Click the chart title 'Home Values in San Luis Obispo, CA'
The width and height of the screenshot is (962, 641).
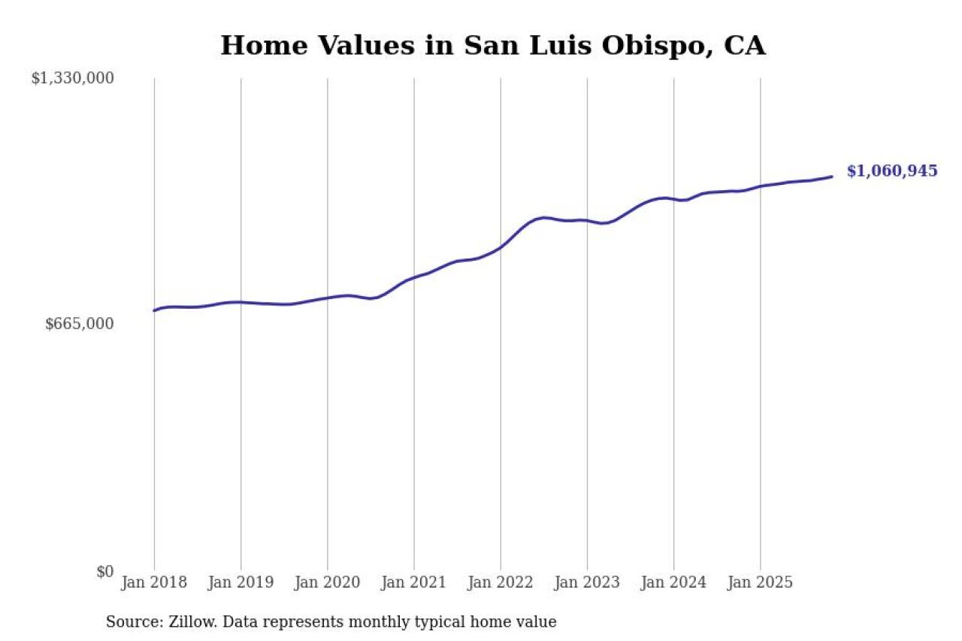coord(493,46)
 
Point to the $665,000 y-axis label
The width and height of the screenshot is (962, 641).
coord(80,324)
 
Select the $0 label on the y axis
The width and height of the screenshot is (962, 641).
coord(104,572)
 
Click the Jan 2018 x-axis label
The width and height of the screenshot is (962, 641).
coord(154,583)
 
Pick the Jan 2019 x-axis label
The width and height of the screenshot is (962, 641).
coord(240,583)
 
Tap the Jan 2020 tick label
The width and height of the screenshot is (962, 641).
coord(327,583)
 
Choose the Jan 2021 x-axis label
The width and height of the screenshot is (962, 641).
coord(413,583)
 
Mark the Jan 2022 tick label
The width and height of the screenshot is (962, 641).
coord(501,583)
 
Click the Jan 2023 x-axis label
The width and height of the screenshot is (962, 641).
coord(587,583)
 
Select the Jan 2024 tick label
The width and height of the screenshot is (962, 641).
coord(673,583)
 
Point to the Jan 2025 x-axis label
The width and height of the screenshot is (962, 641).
coord(760,583)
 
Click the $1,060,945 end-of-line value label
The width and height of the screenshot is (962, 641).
coord(892,171)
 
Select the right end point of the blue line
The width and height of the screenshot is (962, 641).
coord(832,177)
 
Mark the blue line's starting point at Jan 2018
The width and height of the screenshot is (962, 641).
coord(154,310)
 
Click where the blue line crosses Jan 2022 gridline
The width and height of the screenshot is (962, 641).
coord(501,247)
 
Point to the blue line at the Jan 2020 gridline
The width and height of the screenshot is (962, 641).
coord(327,298)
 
